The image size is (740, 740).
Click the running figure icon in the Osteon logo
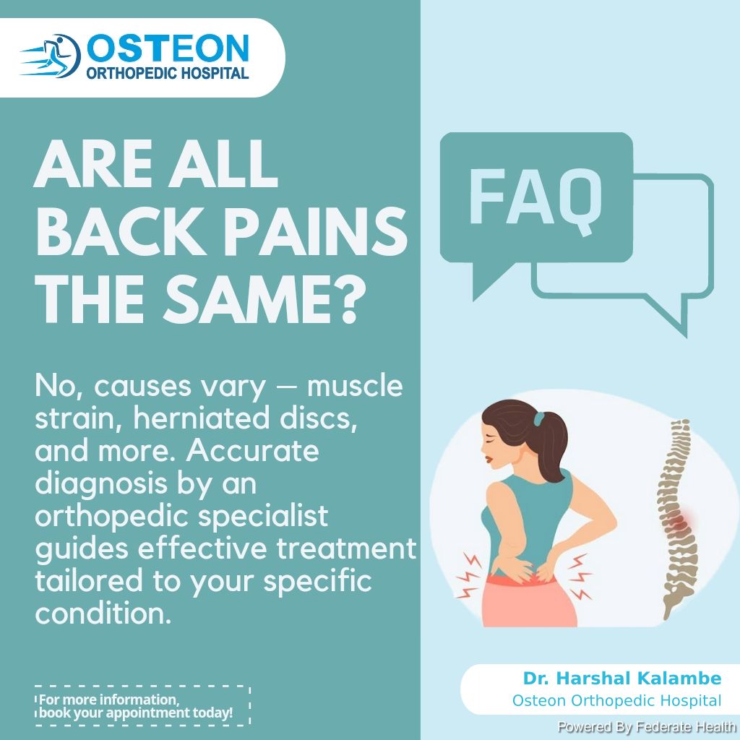point(51,56)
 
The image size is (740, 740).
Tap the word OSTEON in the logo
point(168,48)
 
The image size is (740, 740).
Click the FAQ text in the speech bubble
point(535,198)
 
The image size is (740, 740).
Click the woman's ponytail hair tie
point(539,418)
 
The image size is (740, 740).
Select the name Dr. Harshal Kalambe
point(622,678)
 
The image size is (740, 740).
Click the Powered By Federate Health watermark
point(647,727)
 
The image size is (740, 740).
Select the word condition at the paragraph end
point(103,614)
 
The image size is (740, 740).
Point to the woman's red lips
point(489,457)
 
